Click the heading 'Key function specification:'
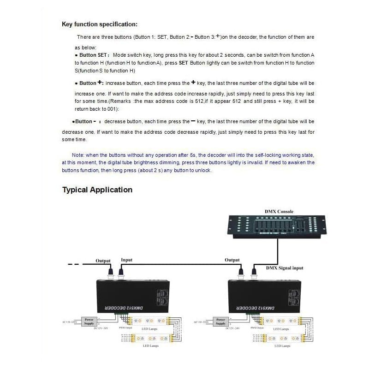coord(99,24)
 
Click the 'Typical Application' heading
coord(97,190)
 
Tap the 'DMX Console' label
coord(279,212)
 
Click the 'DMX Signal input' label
coord(285,268)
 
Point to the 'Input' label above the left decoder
coord(126,260)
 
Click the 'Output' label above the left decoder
coord(103,261)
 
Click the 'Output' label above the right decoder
coord(232,260)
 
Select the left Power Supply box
coord(89,321)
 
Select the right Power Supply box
coord(220,321)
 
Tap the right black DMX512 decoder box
coord(264,296)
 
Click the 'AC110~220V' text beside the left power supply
coord(71,322)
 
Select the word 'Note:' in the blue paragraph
coord(78,155)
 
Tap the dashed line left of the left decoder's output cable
coord(74,264)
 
